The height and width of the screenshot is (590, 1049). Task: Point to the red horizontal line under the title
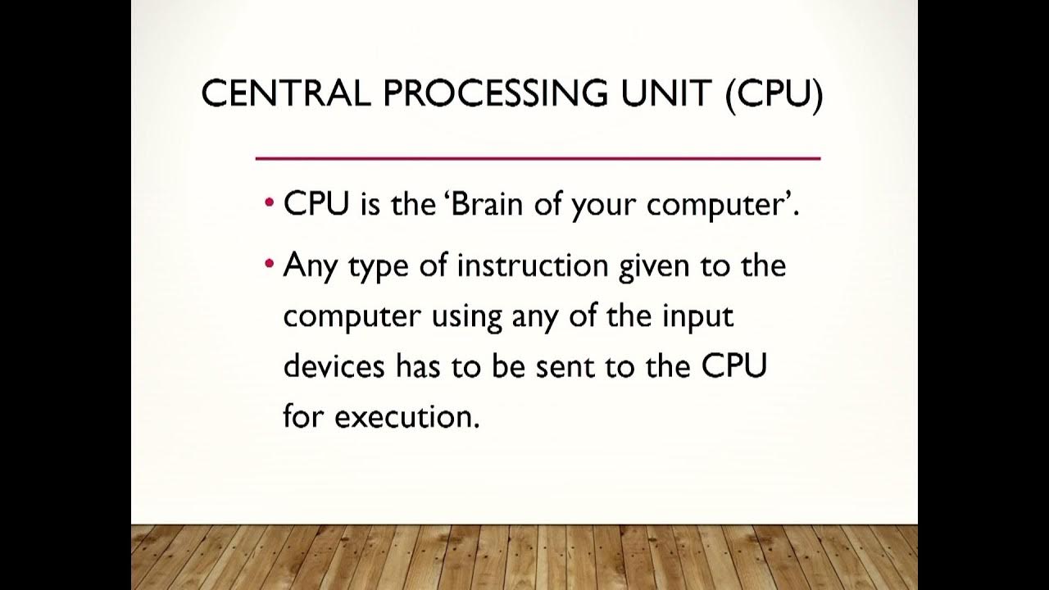[x=538, y=157]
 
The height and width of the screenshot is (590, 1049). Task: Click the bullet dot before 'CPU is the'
[x=270, y=204]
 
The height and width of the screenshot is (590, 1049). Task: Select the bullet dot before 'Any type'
[x=270, y=265]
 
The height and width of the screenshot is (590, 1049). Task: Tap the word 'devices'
[x=334, y=366]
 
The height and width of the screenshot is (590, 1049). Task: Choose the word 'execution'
[x=406, y=416]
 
